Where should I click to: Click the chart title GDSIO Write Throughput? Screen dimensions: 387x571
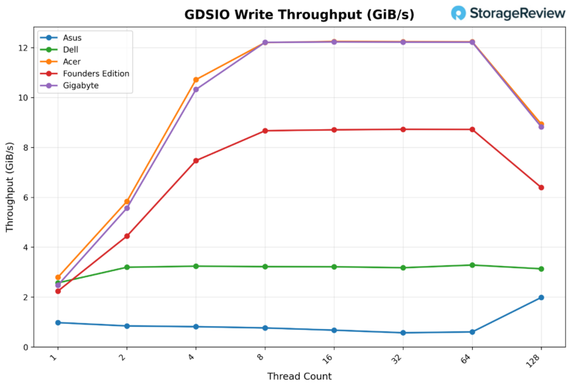tap(300, 15)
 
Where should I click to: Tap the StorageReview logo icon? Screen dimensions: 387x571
tap(459, 13)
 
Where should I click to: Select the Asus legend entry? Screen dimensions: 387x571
tap(73, 38)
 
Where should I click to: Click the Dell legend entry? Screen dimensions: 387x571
tap(72, 50)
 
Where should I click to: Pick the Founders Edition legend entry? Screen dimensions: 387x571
tap(95, 74)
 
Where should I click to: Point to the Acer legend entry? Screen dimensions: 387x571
tap(72, 62)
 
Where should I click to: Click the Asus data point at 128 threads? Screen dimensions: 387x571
tap(541, 297)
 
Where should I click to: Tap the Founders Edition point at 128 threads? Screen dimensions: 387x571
tap(541, 187)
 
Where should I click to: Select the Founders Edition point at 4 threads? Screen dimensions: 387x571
tap(196, 160)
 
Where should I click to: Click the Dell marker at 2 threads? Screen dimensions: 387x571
tap(127, 267)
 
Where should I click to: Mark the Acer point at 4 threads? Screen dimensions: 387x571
tap(196, 79)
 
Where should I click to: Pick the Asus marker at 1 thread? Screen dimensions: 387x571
tap(58, 322)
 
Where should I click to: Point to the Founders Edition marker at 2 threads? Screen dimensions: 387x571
tap(127, 236)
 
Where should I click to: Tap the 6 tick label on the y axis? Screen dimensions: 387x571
tap(25, 198)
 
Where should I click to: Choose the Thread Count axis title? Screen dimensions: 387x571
tap(299, 377)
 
